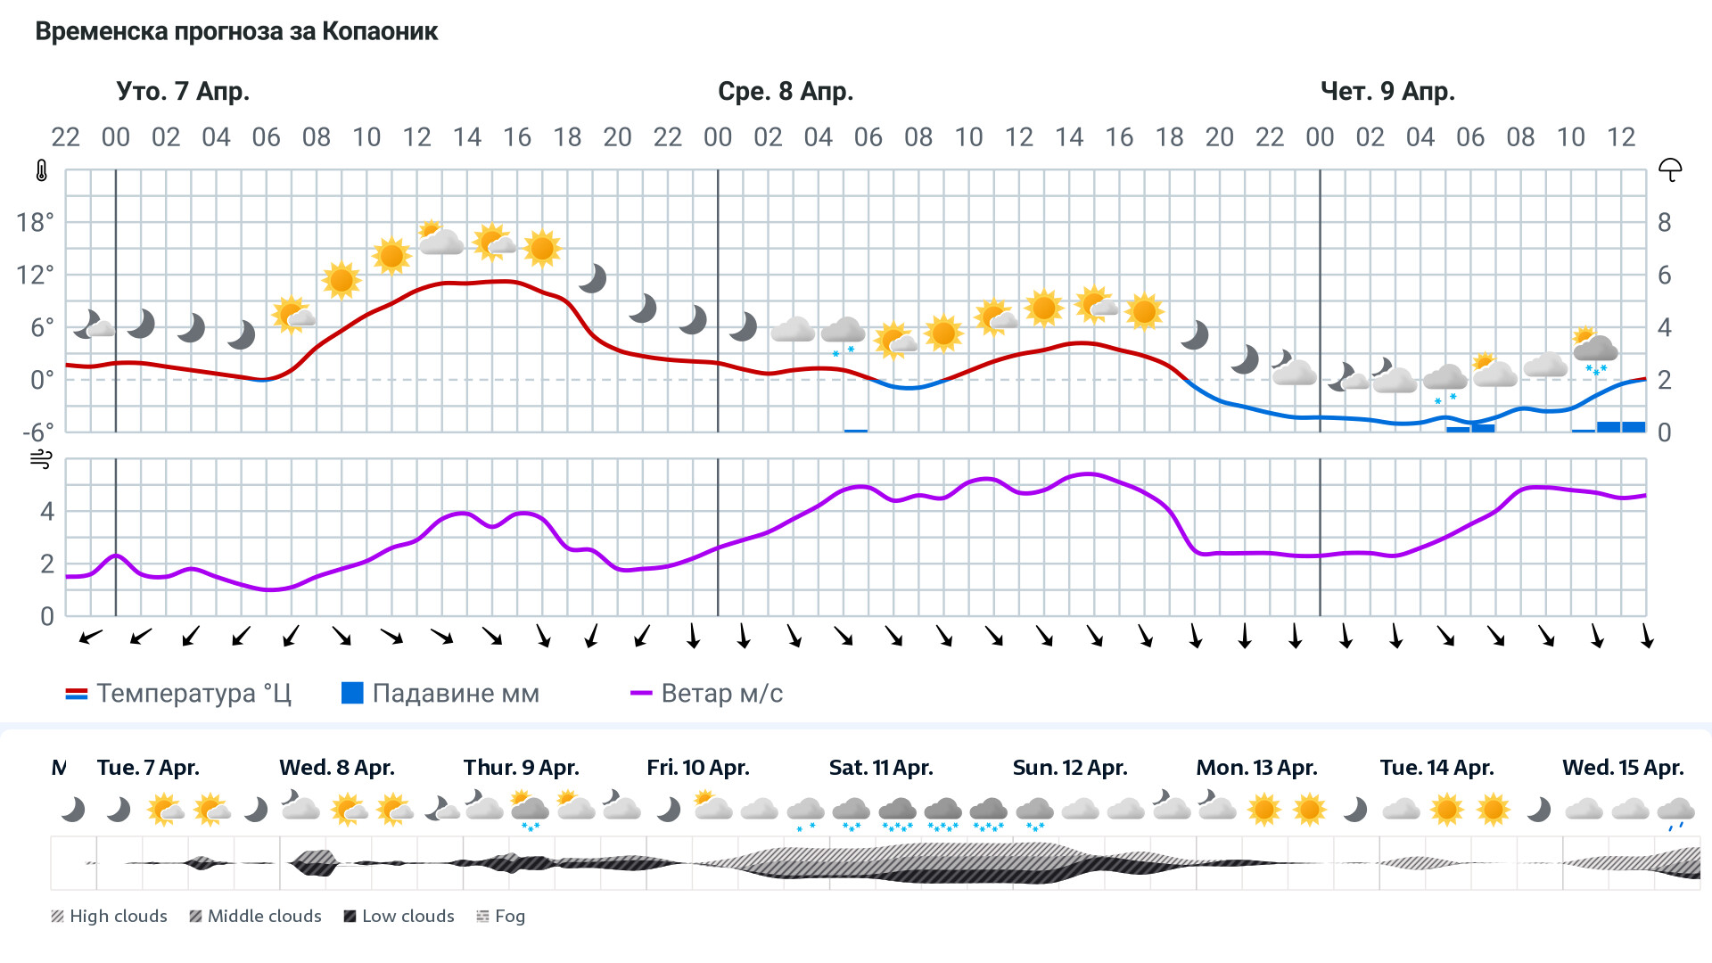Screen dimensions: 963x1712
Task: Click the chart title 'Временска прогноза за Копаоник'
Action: point(236,32)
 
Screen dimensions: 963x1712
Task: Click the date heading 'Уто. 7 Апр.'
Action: point(183,92)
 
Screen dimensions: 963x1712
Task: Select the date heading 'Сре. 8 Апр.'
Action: point(786,92)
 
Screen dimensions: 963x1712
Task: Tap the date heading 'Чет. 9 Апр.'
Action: point(1387,92)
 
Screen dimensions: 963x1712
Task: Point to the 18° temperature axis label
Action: point(35,222)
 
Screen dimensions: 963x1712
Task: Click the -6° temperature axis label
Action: point(37,432)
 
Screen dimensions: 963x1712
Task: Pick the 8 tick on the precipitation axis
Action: point(1664,223)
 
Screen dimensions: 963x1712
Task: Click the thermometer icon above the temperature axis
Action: point(42,170)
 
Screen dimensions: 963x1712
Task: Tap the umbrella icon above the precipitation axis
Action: point(1670,169)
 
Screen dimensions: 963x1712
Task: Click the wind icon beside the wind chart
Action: point(41,459)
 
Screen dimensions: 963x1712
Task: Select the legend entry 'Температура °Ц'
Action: point(178,694)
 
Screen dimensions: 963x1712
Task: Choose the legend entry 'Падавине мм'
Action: point(440,694)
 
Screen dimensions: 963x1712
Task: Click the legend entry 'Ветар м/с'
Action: point(706,694)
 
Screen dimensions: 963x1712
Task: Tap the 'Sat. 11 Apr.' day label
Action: point(881,768)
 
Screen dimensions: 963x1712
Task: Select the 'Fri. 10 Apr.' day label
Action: point(698,768)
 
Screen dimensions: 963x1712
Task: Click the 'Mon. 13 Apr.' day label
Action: point(1256,768)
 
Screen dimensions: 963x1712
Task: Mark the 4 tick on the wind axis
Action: point(47,512)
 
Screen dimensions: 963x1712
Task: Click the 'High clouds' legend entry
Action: point(110,916)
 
